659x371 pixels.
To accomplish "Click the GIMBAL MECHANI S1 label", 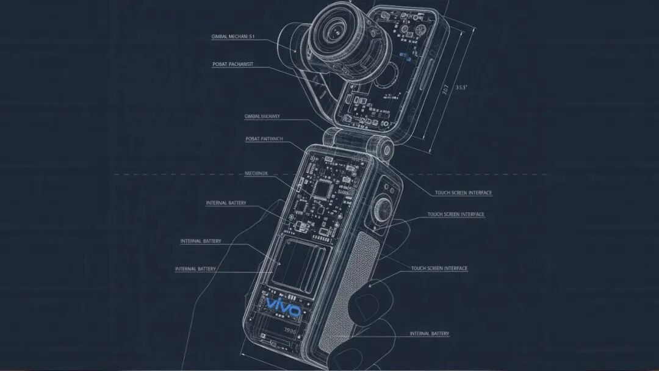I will pos(232,37).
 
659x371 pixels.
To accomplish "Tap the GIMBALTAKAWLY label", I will pos(262,116).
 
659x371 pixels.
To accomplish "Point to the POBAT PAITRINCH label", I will pos(264,139).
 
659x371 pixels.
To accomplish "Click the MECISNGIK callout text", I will pos(260,173).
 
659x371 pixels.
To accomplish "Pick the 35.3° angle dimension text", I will pos(461,87).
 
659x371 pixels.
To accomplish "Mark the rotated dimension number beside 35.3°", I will pos(445,89).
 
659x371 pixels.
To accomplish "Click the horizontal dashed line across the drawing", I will pos(183,175).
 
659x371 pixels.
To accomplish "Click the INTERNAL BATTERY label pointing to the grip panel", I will pos(429,334).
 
